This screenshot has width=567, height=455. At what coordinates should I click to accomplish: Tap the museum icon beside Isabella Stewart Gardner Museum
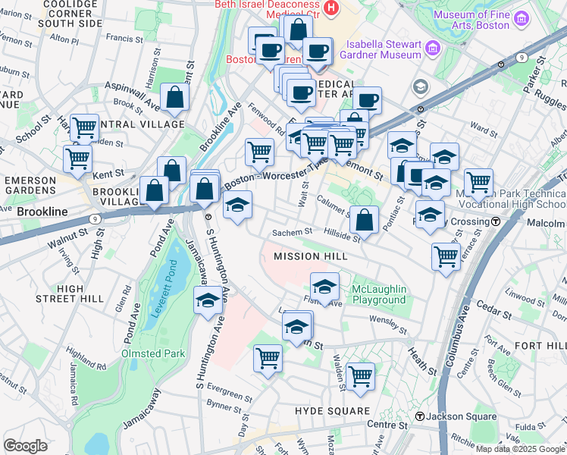(433, 49)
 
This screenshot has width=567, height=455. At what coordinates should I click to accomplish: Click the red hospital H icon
(330, 7)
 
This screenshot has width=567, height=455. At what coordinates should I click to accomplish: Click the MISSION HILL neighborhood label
(310, 256)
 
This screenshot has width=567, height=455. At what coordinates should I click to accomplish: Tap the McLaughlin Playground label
(379, 294)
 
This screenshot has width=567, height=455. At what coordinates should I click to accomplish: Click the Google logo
(25, 445)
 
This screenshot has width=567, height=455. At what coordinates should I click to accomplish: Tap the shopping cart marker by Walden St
(360, 375)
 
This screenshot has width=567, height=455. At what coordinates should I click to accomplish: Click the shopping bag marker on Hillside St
(365, 219)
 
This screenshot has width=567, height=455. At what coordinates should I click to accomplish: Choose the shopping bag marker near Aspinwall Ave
(174, 96)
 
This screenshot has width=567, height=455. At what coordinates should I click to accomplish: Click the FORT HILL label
(539, 345)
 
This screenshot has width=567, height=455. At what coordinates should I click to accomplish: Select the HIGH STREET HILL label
(80, 293)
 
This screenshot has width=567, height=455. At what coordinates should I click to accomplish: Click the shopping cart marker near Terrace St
(446, 256)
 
